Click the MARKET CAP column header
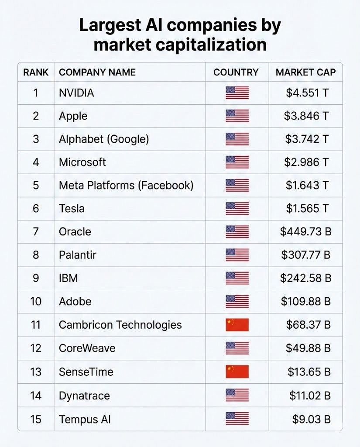(x=305, y=72)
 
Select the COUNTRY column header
(x=236, y=72)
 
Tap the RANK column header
(x=36, y=72)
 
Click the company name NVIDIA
(x=76, y=93)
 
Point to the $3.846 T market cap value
(x=306, y=116)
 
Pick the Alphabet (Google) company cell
(x=104, y=139)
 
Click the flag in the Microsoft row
(x=237, y=162)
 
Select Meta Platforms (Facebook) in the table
(x=126, y=186)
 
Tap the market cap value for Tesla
(x=307, y=209)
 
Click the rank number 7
(x=36, y=232)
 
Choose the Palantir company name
(x=78, y=255)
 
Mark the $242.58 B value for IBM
(x=305, y=278)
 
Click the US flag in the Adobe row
(x=237, y=302)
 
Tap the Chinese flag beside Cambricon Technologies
(x=237, y=325)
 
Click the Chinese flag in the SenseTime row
(x=237, y=372)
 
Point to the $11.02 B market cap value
(x=310, y=396)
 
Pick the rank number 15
(x=36, y=419)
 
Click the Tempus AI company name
(x=85, y=419)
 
